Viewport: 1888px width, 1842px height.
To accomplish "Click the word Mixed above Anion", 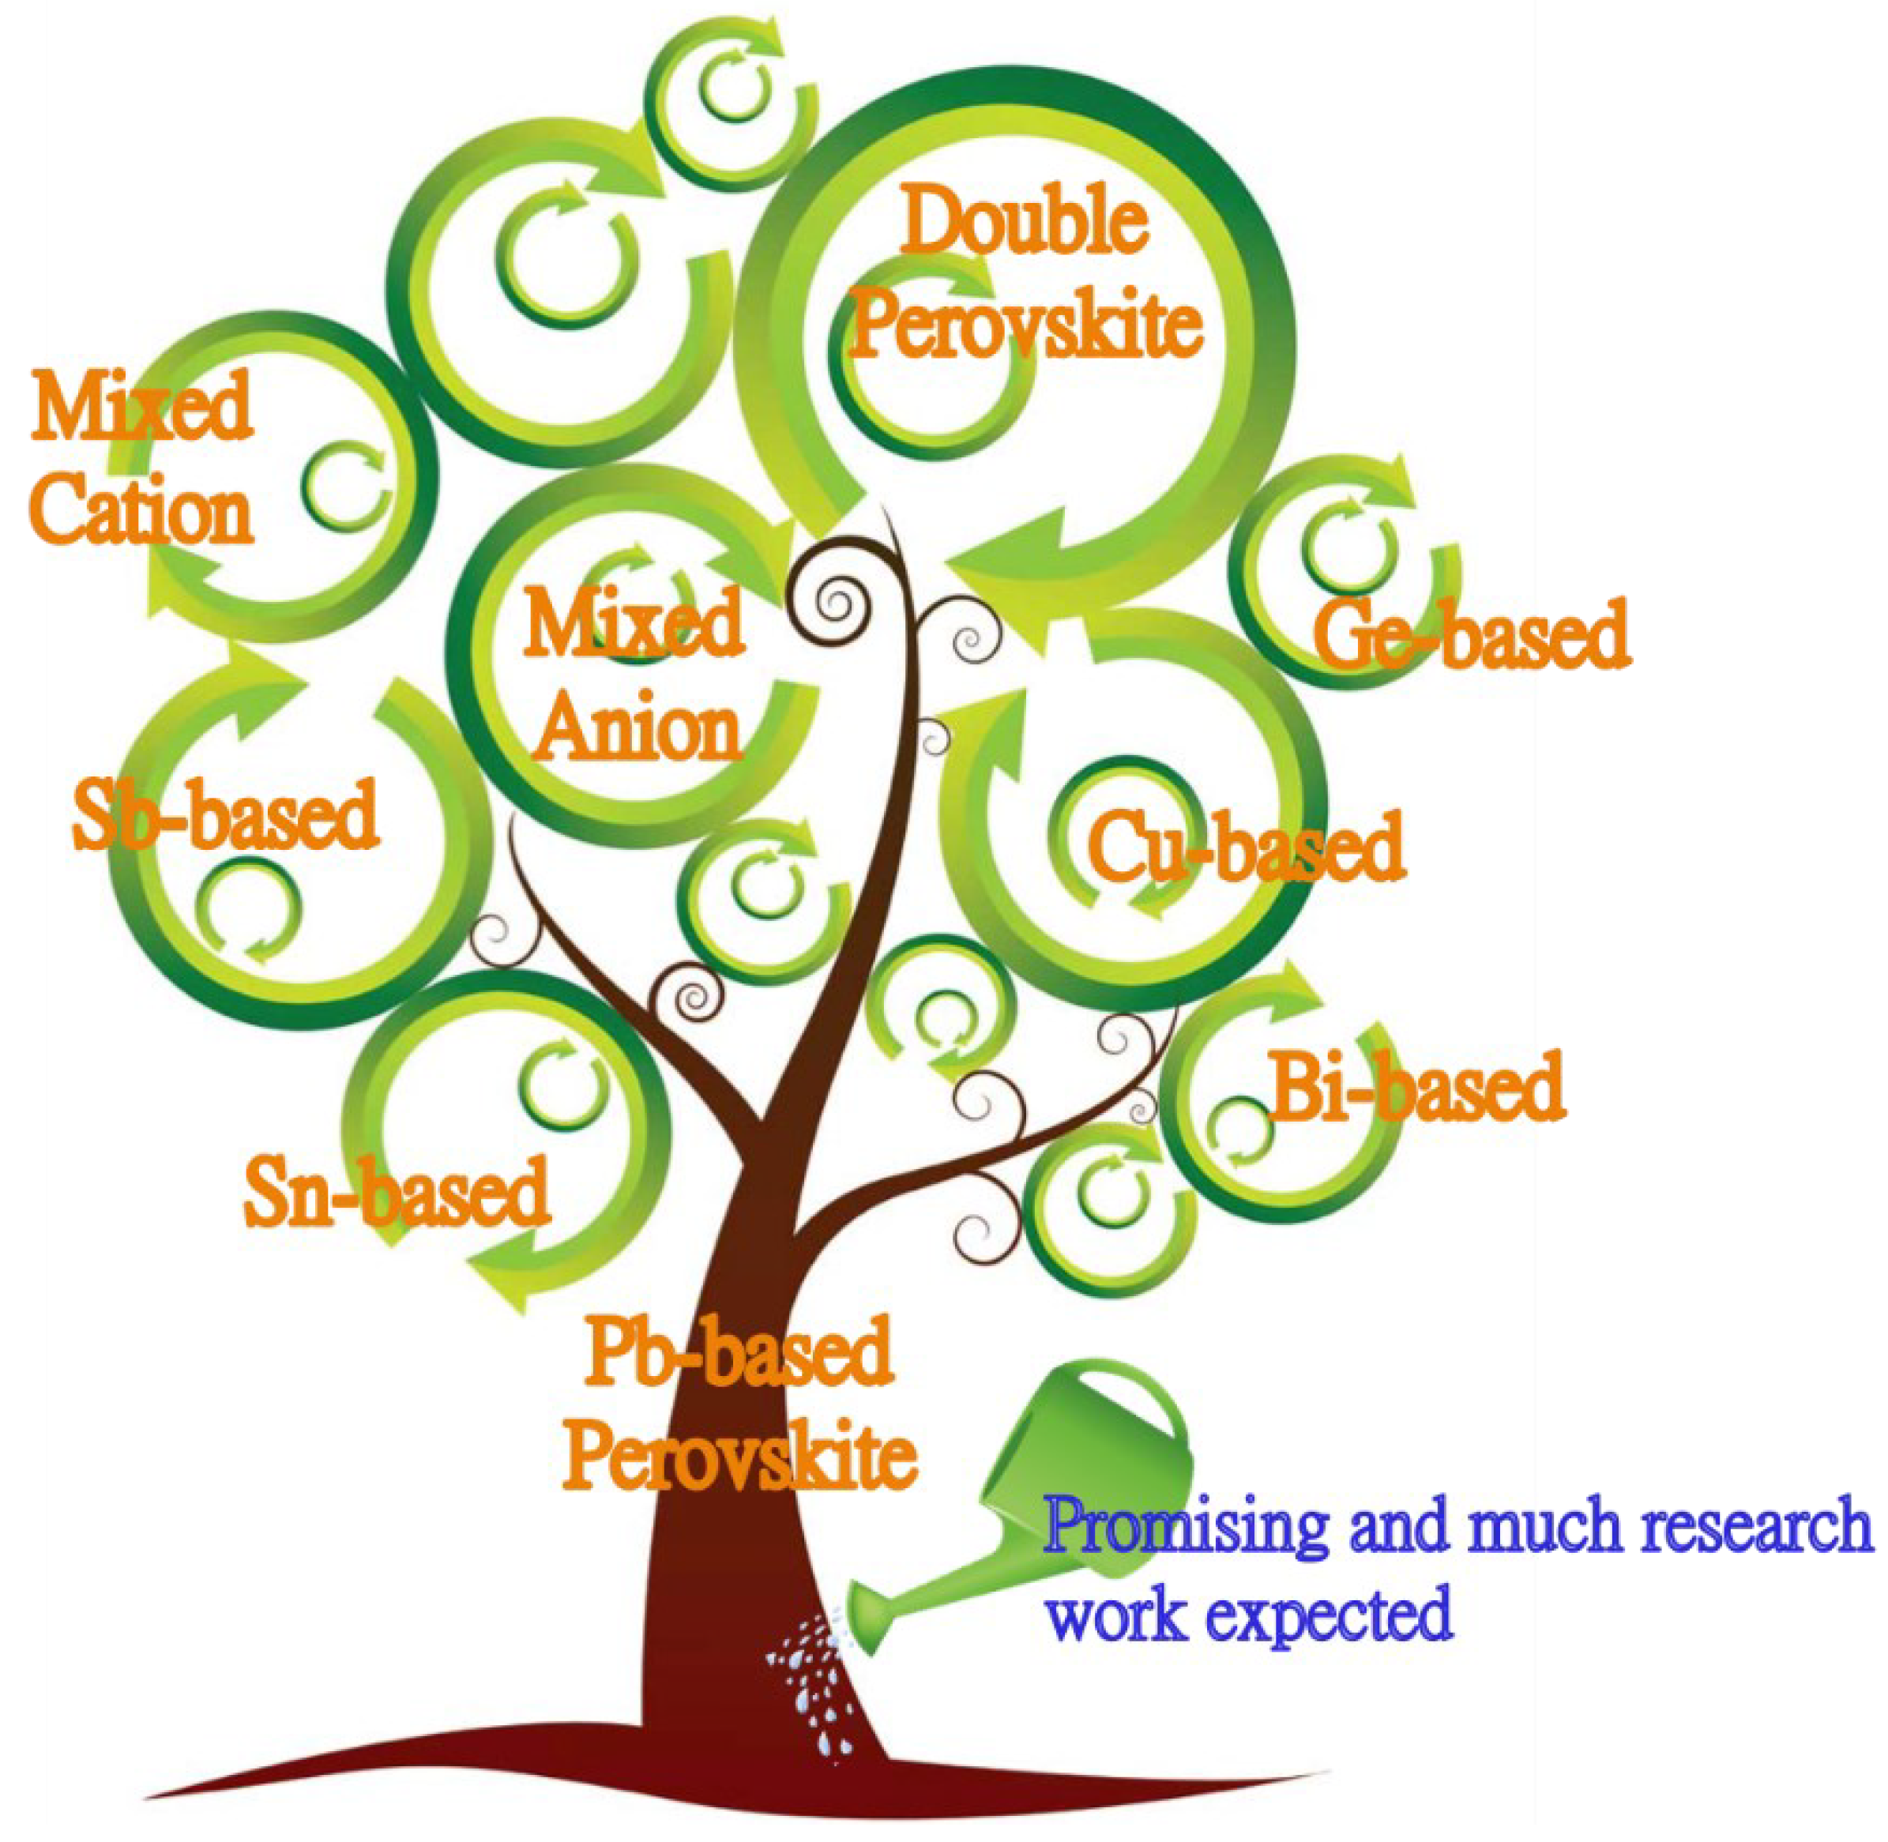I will (634, 624).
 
